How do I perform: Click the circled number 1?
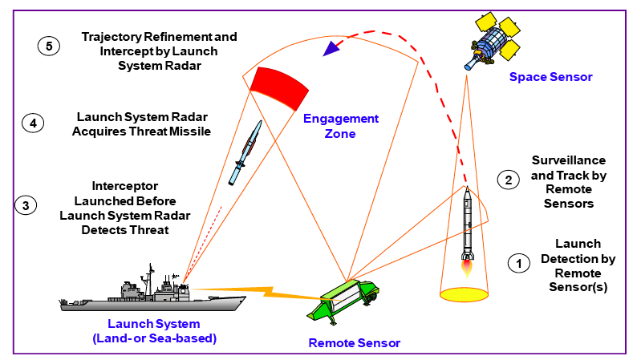[518, 262]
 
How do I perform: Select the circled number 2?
[506, 180]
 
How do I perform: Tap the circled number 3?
[26, 205]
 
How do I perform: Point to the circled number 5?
[48, 46]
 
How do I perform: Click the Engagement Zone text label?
[340, 126]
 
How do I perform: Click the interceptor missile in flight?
[246, 151]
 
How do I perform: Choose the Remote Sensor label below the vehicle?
[354, 343]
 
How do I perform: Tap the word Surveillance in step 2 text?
[568, 160]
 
